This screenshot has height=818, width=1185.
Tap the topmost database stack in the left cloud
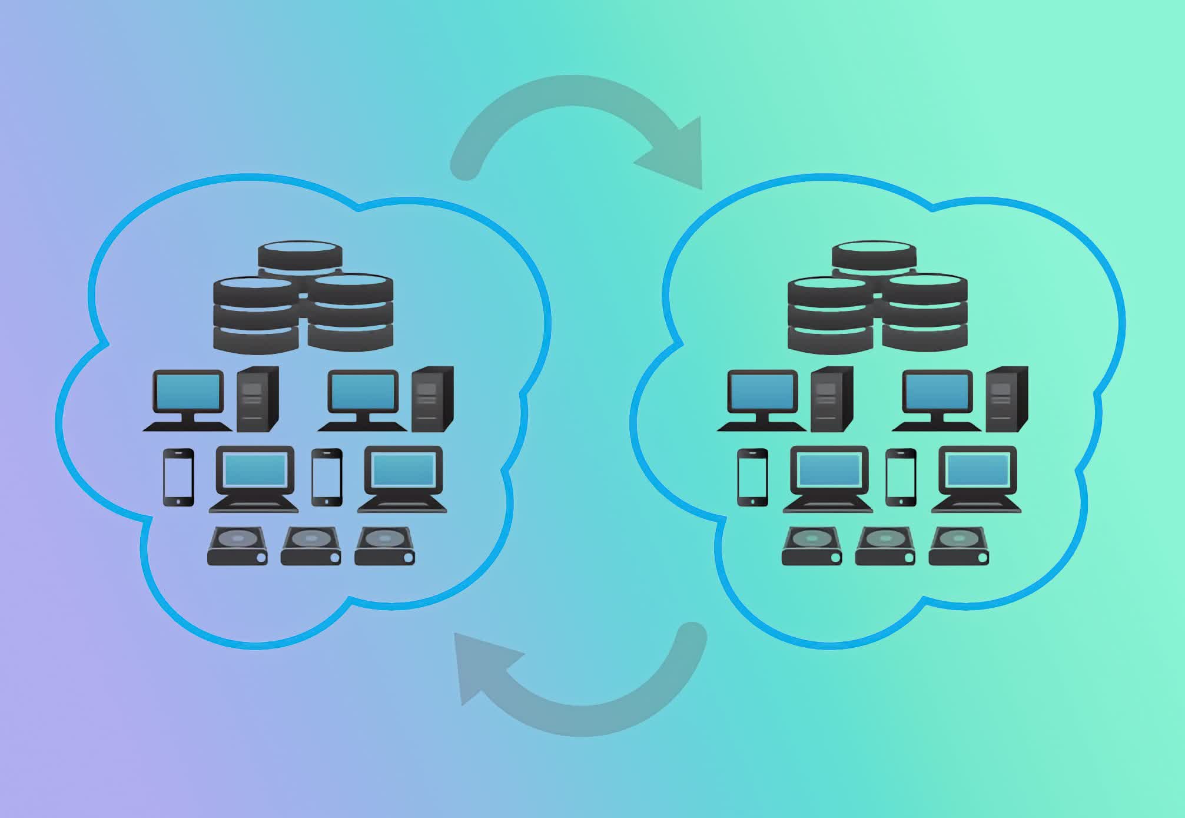tap(300, 256)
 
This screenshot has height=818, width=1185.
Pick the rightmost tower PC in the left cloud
tap(432, 399)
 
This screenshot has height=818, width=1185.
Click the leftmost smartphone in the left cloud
tap(178, 477)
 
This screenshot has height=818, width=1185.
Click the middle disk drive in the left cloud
tap(310, 546)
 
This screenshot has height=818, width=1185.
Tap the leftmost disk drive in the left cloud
tap(237, 546)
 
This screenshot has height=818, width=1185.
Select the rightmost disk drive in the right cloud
tap(958, 546)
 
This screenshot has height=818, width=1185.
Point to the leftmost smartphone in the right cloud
tap(752, 477)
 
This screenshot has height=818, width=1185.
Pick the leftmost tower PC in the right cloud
tap(831, 399)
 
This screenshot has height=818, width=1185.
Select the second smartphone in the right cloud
tap(901, 477)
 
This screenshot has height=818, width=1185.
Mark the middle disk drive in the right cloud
tap(885, 546)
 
